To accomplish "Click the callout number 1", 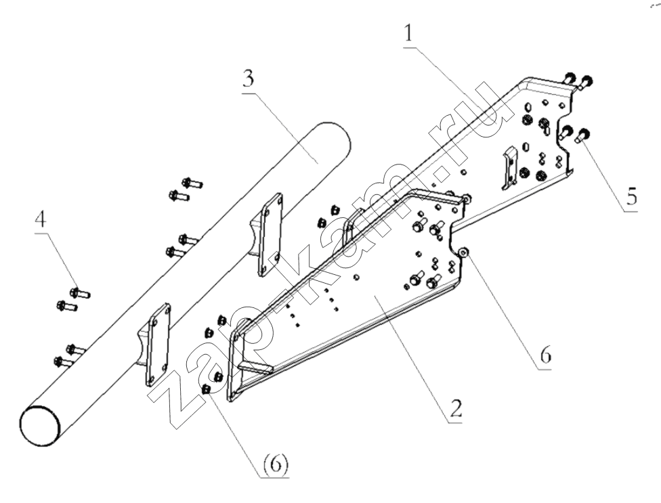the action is click(x=408, y=33).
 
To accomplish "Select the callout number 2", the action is click(x=455, y=407).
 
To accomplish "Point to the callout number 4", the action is click(x=41, y=219).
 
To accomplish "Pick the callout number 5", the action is click(x=631, y=196).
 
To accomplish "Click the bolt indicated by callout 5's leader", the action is click(x=582, y=137).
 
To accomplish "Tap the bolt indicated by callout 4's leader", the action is click(x=79, y=292).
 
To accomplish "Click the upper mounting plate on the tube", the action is click(x=270, y=234).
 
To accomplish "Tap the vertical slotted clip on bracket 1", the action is click(x=510, y=167).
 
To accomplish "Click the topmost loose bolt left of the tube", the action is click(x=192, y=183).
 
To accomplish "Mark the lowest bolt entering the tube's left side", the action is click(x=63, y=361).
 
